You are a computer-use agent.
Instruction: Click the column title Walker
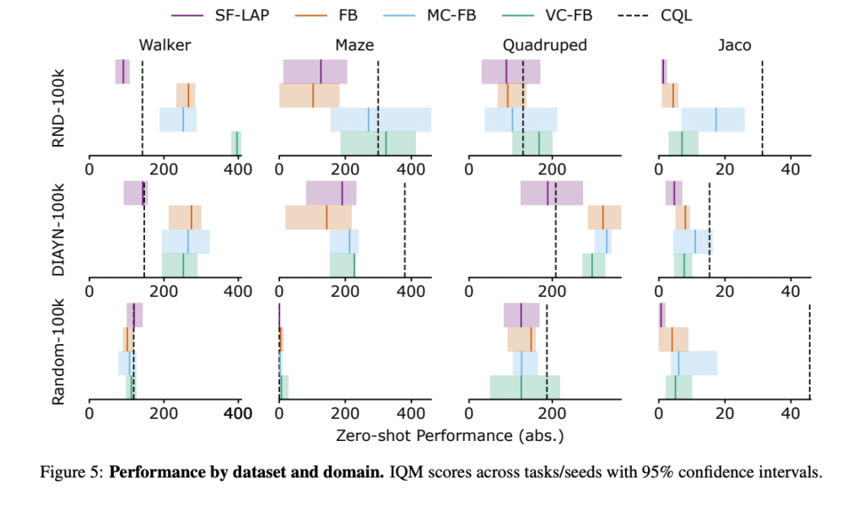pos(164,46)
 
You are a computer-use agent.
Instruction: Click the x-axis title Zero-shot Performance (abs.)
pos(449,436)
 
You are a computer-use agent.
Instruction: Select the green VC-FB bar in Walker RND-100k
pos(236,143)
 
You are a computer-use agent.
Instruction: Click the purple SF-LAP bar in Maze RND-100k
pos(314,72)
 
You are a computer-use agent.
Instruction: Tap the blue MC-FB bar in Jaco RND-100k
pos(713,120)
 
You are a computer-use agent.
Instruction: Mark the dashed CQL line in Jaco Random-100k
pos(809,350)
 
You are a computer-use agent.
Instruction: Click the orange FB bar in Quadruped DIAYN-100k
pos(604,218)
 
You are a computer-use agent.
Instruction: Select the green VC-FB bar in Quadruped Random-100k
pos(525,387)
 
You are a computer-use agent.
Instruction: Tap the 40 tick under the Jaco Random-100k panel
pos(790,415)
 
